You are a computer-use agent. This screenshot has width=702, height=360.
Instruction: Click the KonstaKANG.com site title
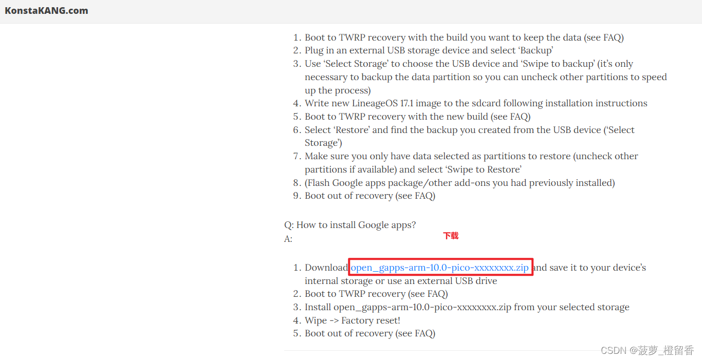(x=46, y=11)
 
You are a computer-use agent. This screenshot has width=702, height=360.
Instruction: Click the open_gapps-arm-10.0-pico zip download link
(x=439, y=268)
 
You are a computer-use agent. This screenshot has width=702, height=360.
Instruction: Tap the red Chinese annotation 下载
(x=451, y=236)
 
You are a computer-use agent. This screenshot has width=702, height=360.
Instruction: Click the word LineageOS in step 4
(x=375, y=103)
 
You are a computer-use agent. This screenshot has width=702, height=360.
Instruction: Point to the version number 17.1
(x=407, y=103)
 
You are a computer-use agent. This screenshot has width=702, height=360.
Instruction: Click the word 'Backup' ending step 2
(x=536, y=51)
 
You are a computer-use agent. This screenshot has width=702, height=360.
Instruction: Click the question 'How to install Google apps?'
(x=356, y=225)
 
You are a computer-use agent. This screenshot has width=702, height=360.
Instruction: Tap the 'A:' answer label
(x=288, y=239)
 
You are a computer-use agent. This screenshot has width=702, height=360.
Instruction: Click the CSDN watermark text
(x=647, y=350)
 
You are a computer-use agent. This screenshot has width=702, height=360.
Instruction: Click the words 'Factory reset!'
(x=371, y=320)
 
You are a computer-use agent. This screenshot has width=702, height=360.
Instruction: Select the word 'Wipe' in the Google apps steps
(x=316, y=320)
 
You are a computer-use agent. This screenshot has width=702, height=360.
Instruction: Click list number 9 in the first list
(x=297, y=196)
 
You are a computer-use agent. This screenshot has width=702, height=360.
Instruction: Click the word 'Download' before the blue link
(x=326, y=268)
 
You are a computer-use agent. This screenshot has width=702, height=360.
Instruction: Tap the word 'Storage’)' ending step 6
(x=323, y=143)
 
